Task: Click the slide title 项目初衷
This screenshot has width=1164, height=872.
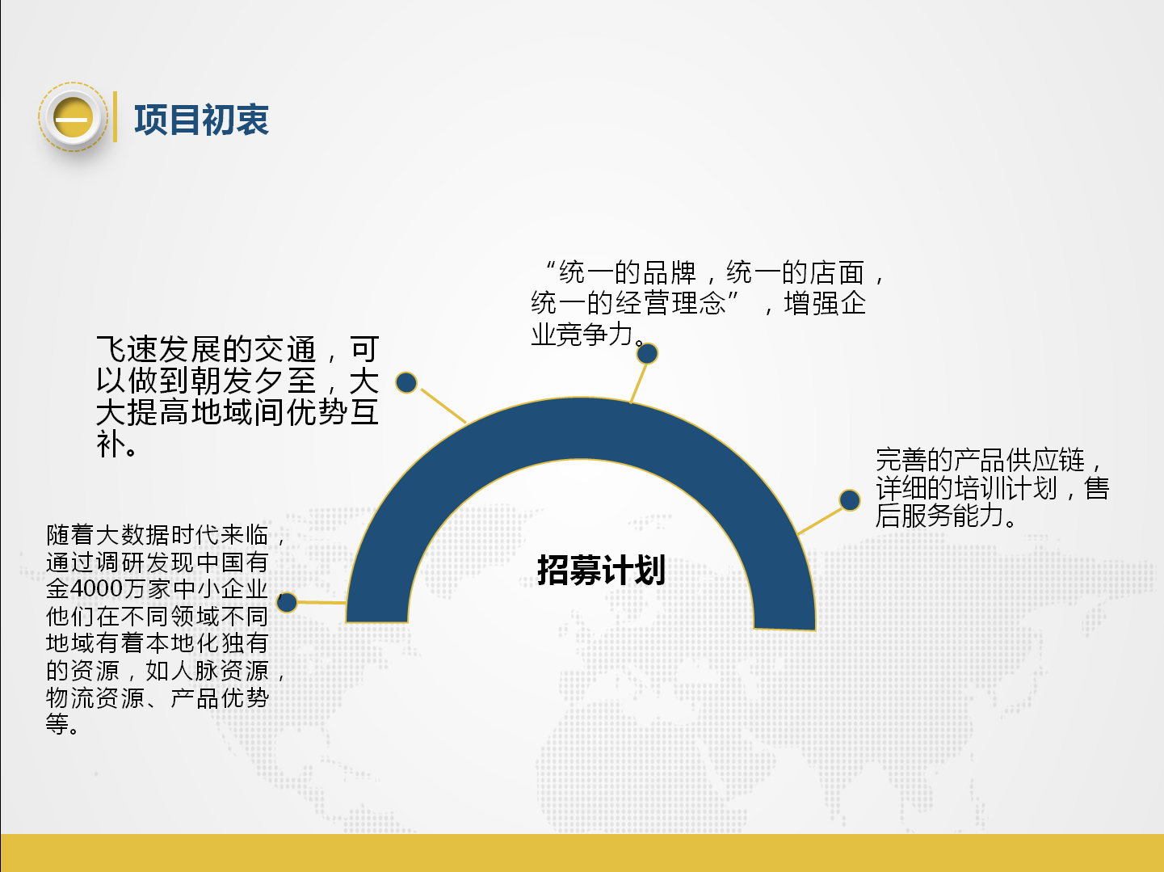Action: [201, 120]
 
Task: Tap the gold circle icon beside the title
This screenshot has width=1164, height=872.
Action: [73, 117]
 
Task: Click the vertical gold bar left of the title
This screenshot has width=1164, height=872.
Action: [115, 116]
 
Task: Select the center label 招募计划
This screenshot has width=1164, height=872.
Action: [601, 571]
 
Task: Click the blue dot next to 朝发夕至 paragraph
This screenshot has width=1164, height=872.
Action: [406, 382]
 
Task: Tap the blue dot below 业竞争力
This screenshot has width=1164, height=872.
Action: [647, 353]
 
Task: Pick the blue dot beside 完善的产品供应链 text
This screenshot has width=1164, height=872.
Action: [850, 499]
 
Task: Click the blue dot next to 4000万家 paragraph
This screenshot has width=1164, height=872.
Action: [287, 602]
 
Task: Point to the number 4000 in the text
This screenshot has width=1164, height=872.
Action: [96, 589]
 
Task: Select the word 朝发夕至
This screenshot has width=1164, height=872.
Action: [254, 381]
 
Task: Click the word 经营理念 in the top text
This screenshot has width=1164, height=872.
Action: [670, 303]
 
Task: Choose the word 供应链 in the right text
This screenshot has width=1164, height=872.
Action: [1044, 460]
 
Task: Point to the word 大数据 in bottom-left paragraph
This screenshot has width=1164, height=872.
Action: [133, 535]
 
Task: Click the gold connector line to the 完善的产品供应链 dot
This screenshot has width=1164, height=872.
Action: [820, 521]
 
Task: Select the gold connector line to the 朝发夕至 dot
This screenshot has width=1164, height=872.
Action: [443, 406]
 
